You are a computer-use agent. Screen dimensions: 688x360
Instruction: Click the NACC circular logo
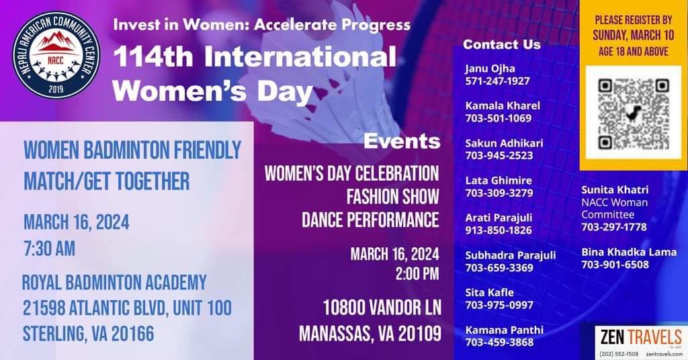pyautogui.click(x=56, y=54)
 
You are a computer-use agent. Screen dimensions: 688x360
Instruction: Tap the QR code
pyautogui.click(x=633, y=114)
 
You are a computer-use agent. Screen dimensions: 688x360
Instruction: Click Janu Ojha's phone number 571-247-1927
pyautogui.click(x=498, y=81)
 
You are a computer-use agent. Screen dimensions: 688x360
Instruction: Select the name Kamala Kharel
pyautogui.click(x=503, y=105)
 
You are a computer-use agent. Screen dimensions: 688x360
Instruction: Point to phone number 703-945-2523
pyautogui.click(x=499, y=156)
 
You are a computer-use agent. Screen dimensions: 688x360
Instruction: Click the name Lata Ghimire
pyautogui.click(x=499, y=180)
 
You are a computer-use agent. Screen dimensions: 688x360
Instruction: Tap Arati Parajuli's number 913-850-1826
pyautogui.click(x=499, y=230)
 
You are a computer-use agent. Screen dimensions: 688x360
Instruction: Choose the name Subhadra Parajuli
pyautogui.click(x=511, y=255)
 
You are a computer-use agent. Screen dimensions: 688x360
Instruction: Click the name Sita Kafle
pyautogui.click(x=489, y=292)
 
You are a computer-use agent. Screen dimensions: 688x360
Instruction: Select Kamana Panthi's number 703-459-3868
pyautogui.click(x=499, y=343)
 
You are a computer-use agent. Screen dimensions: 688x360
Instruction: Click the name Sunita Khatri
pyautogui.click(x=615, y=190)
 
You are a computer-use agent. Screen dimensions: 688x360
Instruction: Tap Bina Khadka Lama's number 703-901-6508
pyautogui.click(x=615, y=265)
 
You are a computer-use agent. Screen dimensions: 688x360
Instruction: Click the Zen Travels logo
pyautogui.click(x=641, y=342)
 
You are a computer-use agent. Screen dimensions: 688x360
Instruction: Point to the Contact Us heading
pyautogui.click(x=501, y=44)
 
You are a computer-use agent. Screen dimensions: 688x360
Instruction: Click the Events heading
pyautogui.click(x=402, y=141)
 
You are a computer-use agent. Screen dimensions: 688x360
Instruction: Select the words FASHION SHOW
pyautogui.click(x=392, y=196)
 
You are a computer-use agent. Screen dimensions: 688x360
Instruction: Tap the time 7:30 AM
pyautogui.click(x=49, y=249)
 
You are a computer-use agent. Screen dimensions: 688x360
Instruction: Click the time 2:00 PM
pyautogui.click(x=417, y=273)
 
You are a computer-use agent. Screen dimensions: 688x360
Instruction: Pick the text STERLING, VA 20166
pyautogui.click(x=89, y=334)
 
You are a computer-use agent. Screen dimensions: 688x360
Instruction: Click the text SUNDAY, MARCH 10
pyautogui.click(x=633, y=35)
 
